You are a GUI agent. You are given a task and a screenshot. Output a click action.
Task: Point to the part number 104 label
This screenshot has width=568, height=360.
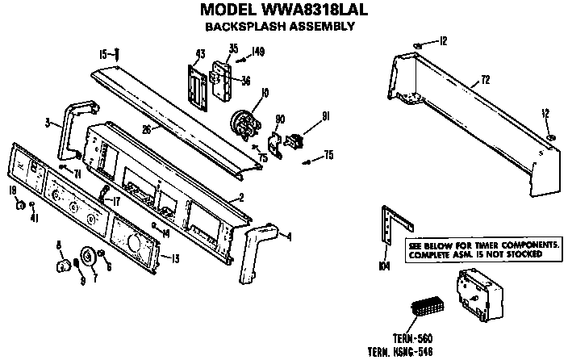coord(384,263)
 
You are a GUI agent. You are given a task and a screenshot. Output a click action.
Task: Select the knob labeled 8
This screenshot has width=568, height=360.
coord(61,266)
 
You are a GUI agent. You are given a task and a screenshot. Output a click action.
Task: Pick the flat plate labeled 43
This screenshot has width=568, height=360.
coord(195,84)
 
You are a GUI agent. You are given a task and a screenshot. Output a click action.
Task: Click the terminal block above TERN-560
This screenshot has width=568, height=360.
coord(426,310)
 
